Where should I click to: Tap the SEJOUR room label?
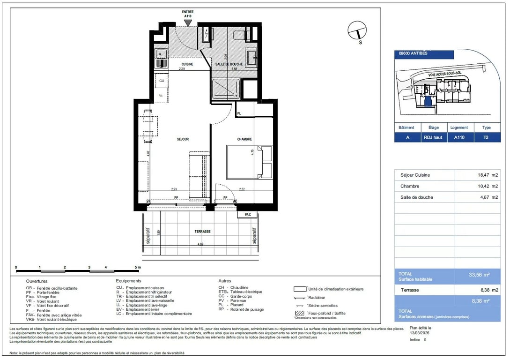pos(183,139)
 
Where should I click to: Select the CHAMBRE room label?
pos(244,139)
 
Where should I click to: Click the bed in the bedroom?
pos(249,162)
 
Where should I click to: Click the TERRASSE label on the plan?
pos(203,232)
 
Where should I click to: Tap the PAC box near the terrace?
pos(248,215)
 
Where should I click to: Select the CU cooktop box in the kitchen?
pos(162,81)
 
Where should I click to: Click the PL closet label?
pos(239,114)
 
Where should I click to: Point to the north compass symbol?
pos(357,31)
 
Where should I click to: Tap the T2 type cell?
pos(487,138)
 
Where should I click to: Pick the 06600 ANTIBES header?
pos(413,53)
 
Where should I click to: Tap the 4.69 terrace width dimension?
pos(200,244)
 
